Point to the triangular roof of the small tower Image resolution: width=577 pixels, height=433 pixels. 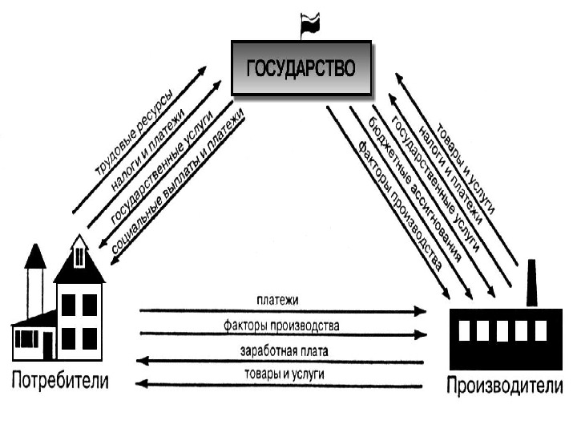[x=35, y=257]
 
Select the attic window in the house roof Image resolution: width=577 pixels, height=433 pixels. [x=79, y=257]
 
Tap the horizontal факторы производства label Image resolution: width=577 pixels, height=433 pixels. [x=280, y=326]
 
